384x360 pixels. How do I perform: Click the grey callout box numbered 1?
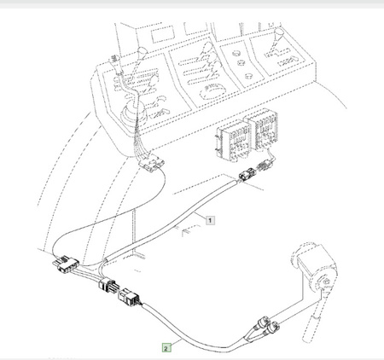pos(210,220)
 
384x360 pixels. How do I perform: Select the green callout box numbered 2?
pos(166,347)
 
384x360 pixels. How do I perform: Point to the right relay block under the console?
pos(263,130)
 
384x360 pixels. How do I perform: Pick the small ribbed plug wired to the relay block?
pos(265,164)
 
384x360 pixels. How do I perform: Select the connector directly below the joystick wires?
pos(152,163)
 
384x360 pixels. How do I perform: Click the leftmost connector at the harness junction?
pos(65,263)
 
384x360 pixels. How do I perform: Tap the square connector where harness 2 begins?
pos(129,296)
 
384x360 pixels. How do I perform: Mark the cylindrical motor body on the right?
pos(315,265)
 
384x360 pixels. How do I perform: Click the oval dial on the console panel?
pos(213,91)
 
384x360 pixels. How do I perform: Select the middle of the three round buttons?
pos(241,62)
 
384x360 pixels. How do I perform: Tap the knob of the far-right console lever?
pos(279,32)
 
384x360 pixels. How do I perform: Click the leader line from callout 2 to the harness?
pos(177,342)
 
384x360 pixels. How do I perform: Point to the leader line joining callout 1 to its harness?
pos(200,216)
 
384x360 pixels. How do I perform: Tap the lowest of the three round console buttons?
pos(249,76)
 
